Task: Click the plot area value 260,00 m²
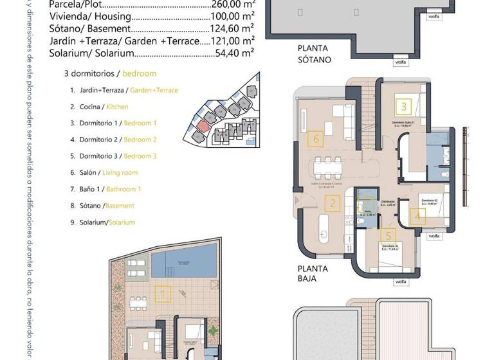[232, 3]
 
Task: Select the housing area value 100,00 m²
[232, 16]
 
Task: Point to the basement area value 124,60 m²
[232, 29]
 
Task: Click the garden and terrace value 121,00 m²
[232, 41]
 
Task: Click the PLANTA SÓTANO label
[314, 53]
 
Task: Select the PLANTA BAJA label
[313, 274]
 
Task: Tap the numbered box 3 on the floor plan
[403, 107]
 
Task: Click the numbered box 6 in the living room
[315, 138]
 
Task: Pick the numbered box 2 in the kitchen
[333, 204]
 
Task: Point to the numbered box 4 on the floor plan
[417, 216]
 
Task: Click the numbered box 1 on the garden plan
[163, 295]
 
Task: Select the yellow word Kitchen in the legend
[117, 107]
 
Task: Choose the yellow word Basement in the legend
[120, 206]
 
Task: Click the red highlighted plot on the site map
[203, 125]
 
